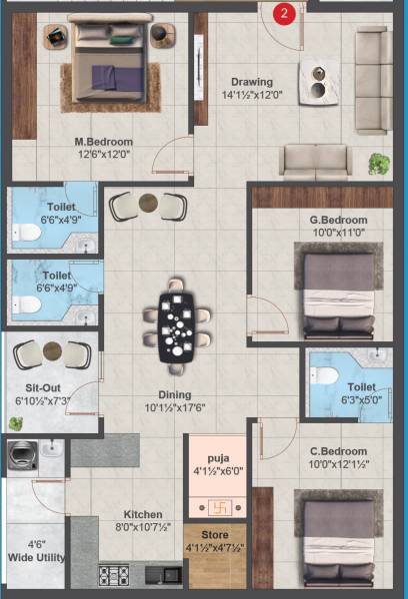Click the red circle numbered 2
click(286, 13)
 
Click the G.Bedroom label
click(338, 220)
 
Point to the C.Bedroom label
click(338, 451)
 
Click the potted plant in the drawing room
click(379, 162)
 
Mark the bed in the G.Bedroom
click(337, 294)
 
